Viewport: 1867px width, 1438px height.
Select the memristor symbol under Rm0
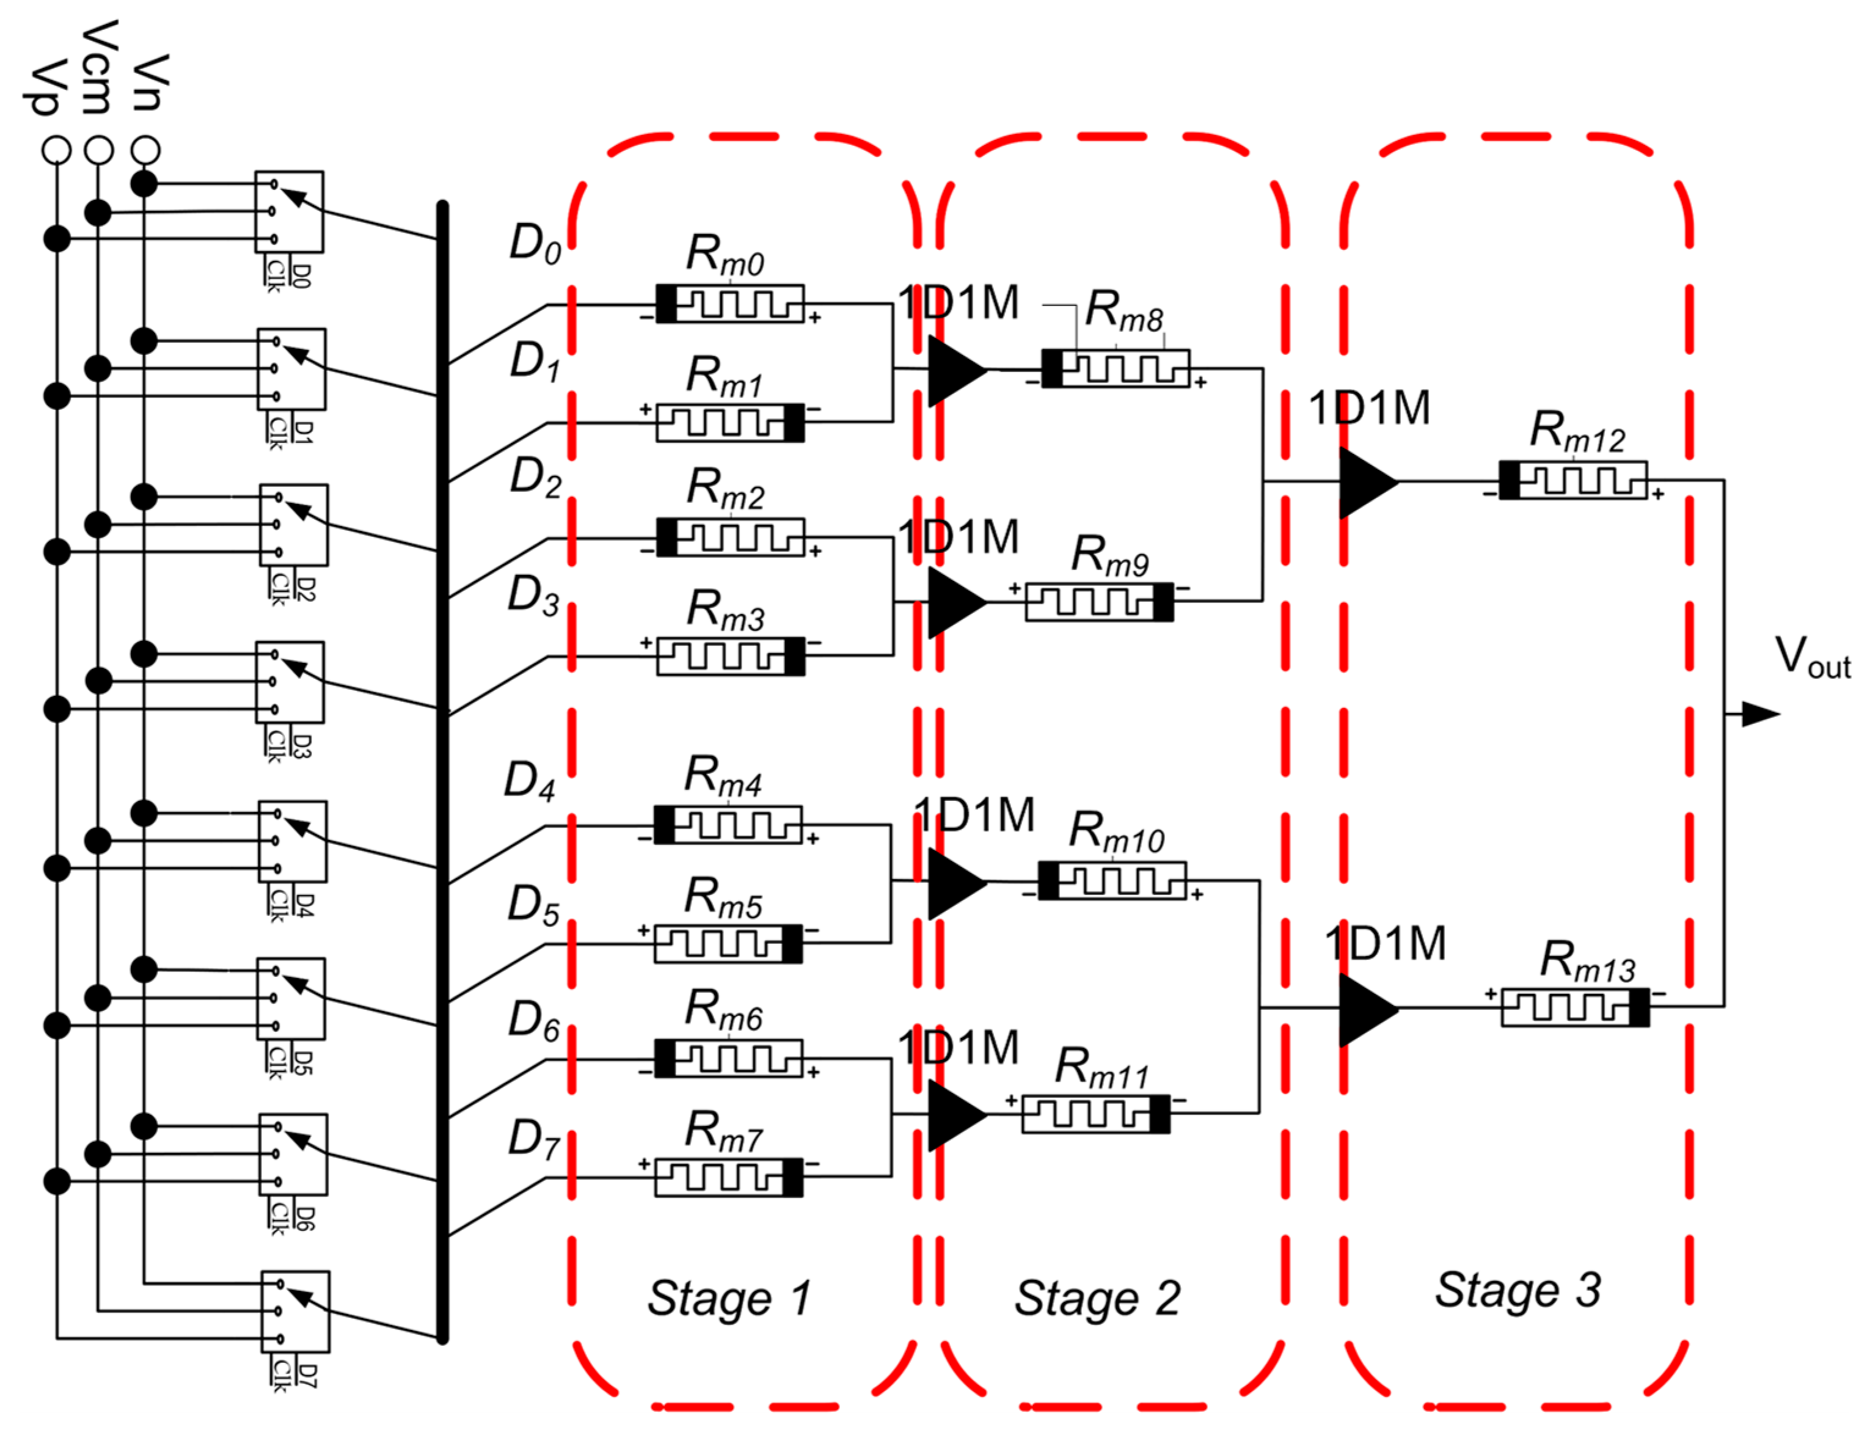click(729, 304)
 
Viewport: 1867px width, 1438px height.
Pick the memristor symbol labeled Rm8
click(1116, 368)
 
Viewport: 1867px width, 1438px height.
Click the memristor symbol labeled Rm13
click(1576, 1007)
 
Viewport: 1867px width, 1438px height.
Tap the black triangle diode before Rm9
click(955, 602)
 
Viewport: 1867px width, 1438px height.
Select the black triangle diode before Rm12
click(1366, 482)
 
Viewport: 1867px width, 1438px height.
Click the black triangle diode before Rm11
click(955, 1114)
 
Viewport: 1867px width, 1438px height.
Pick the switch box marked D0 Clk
click(289, 211)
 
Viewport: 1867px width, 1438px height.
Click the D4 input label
click(530, 781)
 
